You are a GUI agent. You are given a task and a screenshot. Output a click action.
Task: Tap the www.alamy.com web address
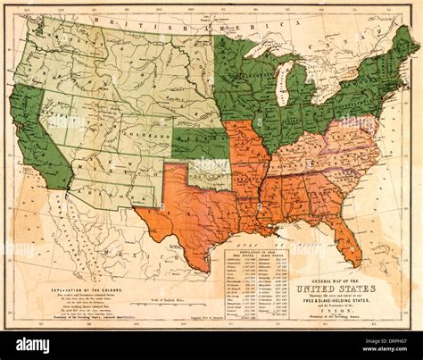[x=376, y=350]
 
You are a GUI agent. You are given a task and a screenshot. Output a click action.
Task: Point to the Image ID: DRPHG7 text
[x=376, y=340]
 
